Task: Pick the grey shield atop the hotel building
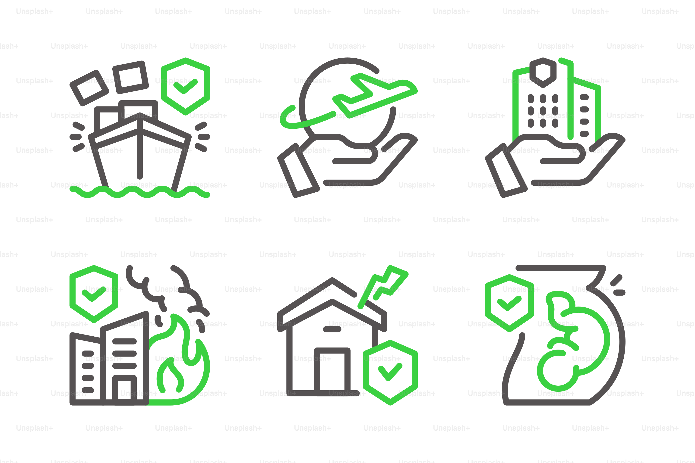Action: click(543, 72)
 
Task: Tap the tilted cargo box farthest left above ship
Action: click(89, 88)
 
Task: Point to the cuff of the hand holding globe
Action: click(298, 171)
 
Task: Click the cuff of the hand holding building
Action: click(506, 171)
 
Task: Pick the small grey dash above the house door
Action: click(332, 329)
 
